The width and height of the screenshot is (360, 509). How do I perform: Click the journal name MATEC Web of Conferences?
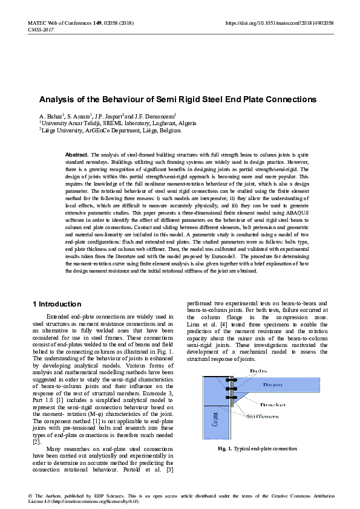(x=59, y=23)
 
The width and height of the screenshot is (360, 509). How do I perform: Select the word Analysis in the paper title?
(x=57, y=99)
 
